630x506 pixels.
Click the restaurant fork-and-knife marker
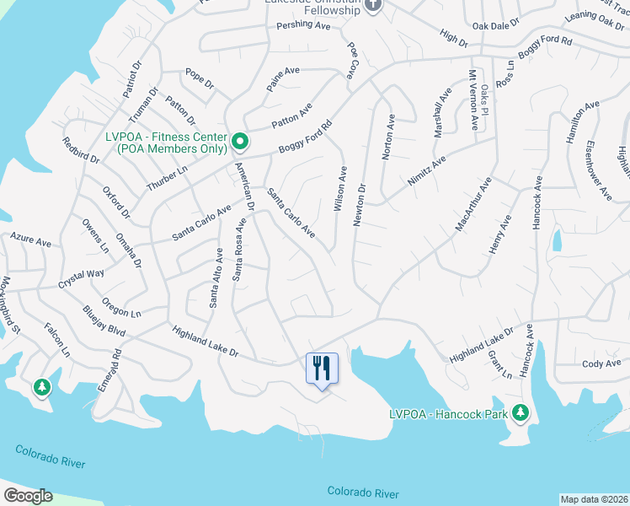click(321, 368)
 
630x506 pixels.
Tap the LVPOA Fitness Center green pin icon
click(239, 140)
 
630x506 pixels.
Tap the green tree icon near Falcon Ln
click(41, 386)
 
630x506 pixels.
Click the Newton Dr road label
click(361, 202)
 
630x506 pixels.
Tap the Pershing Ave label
click(304, 26)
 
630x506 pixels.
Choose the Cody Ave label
click(601, 363)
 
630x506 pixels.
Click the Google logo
click(28, 496)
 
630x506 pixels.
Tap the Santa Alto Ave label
click(215, 277)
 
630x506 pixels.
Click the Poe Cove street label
click(352, 58)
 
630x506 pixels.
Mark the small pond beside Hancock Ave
click(557, 240)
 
